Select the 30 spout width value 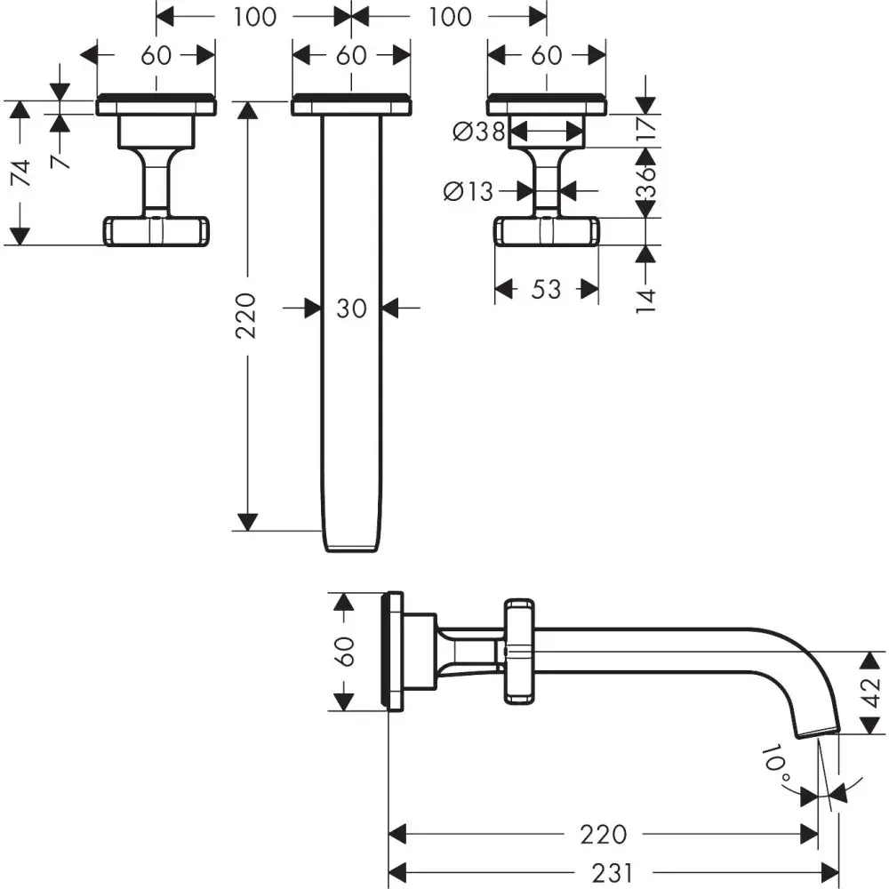coord(352,308)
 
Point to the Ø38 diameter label coord(478,132)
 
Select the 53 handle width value coord(548,289)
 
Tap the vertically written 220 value coord(246,315)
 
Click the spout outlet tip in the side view coord(818,731)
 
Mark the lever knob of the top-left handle coord(156,231)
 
